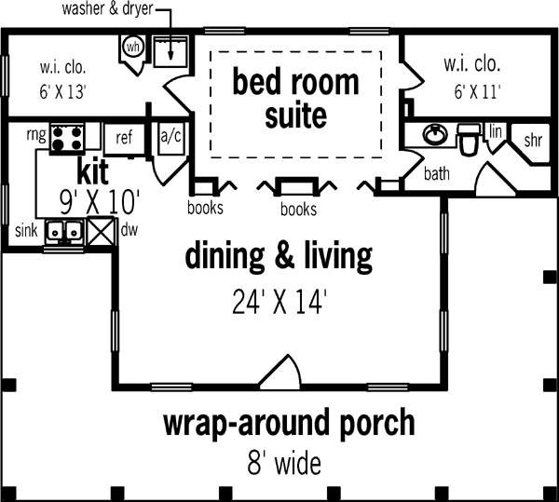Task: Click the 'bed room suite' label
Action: (295, 100)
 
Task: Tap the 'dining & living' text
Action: (279, 255)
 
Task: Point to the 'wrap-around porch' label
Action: (289, 423)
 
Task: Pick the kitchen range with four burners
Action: (67, 138)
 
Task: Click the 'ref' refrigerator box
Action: (124, 138)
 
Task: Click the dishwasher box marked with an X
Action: (101, 230)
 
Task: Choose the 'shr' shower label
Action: (533, 141)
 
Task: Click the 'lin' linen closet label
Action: (496, 132)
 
